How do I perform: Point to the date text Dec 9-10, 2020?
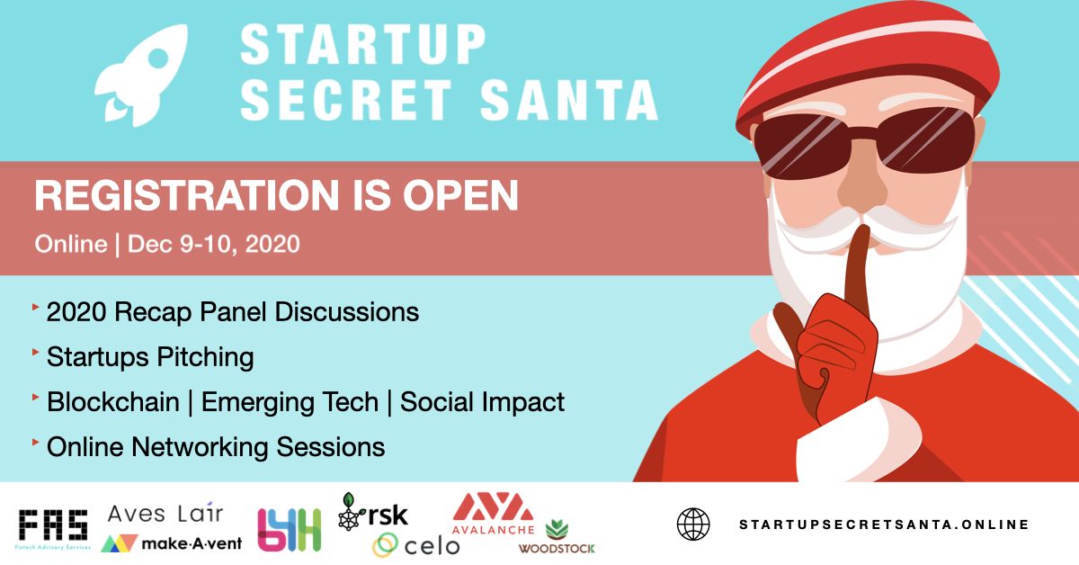tap(214, 244)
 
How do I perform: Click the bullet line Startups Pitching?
tap(149, 357)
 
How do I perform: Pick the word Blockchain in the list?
tap(112, 401)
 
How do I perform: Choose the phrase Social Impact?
tap(482, 401)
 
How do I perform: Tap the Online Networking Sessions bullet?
tap(215, 446)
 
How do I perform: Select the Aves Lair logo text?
tap(165, 513)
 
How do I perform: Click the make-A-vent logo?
tap(171, 543)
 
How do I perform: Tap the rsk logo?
tap(372, 513)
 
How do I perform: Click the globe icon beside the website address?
tap(692, 525)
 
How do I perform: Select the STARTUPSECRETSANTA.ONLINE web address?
tap(883, 525)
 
